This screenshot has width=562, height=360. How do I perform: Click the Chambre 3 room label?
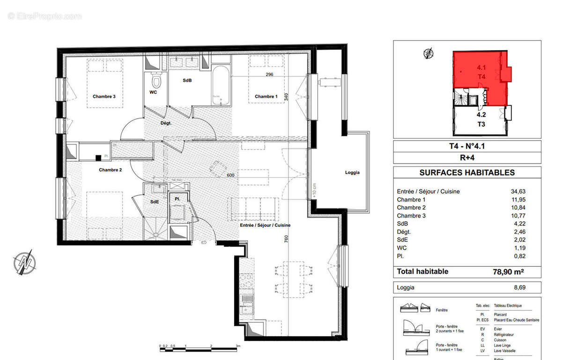[104, 97]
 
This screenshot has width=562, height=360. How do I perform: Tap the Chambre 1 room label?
[266, 97]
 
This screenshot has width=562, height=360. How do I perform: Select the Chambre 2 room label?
[110, 170]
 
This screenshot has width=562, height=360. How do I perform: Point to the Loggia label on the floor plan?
[352, 172]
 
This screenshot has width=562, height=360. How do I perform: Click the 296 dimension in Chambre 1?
[269, 75]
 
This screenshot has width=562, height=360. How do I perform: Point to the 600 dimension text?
[230, 176]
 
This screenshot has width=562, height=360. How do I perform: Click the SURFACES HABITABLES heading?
[466, 172]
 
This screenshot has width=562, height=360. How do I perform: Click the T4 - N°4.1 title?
[466, 146]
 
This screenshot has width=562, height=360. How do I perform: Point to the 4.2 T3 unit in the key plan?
[481, 119]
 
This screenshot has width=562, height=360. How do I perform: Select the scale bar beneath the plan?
[199, 348]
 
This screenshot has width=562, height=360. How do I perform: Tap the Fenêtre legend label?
[442, 310]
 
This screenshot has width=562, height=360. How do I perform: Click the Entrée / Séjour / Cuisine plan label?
[265, 225]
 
